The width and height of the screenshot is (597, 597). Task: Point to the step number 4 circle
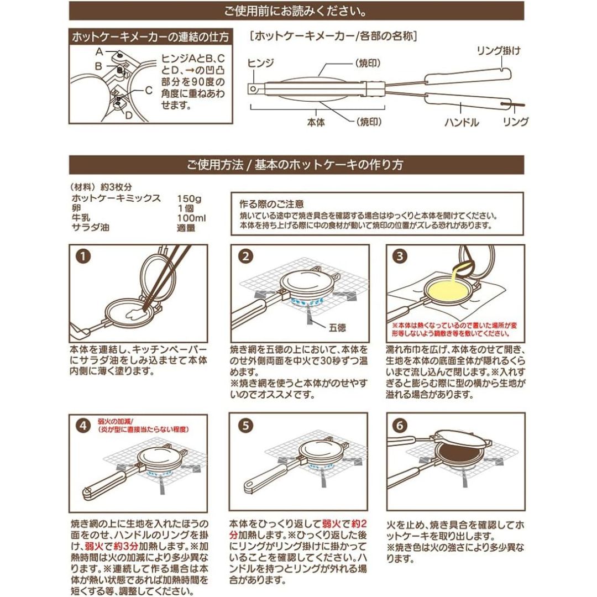pos(82,426)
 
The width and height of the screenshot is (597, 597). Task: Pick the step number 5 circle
pos(245,426)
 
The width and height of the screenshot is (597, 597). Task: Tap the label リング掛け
pos(498,51)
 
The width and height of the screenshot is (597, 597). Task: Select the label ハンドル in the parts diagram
pos(461,122)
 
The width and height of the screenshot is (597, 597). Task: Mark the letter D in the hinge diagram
pos(128,114)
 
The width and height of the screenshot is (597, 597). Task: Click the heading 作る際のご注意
pos(271,203)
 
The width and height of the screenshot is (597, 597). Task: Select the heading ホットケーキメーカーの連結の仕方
pos(150,38)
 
